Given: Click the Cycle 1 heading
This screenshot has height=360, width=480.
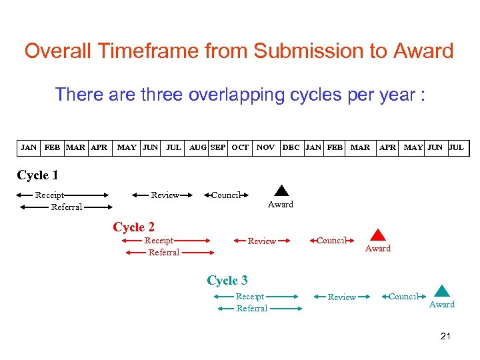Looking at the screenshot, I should pyautogui.click(x=37, y=175).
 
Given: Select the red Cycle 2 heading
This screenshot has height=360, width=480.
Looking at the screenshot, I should pyautogui.click(x=134, y=227).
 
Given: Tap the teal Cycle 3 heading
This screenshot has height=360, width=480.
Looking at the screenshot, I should pyautogui.click(x=227, y=280).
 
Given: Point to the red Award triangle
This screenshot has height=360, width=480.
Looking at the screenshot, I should pyautogui.click(x=378, y=235).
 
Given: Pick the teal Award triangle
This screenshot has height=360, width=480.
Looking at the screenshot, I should pyautogui.click(x=441, y=291).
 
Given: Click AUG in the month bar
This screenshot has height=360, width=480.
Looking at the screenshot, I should pyautogui.click(x=198, y=147).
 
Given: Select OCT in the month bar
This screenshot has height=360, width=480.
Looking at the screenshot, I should pyautogui.click(x=240, y=147).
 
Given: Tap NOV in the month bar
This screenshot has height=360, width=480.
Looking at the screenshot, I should pyautogui.click(x=265, y=147).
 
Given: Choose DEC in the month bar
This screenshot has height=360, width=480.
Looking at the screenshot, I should pyautogui.click(x=291, y=147).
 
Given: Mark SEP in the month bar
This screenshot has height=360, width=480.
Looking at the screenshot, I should pyautogui.click(x=217, y=147).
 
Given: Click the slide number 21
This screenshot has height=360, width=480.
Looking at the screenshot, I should pyautogui.click(x=445, y=336).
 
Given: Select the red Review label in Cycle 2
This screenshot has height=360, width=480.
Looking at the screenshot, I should pyautogui.click(x=261, y=241).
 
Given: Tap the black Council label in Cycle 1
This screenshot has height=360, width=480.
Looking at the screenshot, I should pyautogui.click(x=225, y=195).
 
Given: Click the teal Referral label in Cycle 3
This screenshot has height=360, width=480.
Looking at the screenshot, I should pyautogui.click(x=252, y=309).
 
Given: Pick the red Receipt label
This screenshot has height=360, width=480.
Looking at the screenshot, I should pyautogui.click(x=159, y=241).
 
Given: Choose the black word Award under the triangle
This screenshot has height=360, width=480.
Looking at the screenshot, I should pyautogui.click(x=281, y=205).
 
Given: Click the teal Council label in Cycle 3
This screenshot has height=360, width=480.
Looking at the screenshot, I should pyautogui.click(x=403, y=297).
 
